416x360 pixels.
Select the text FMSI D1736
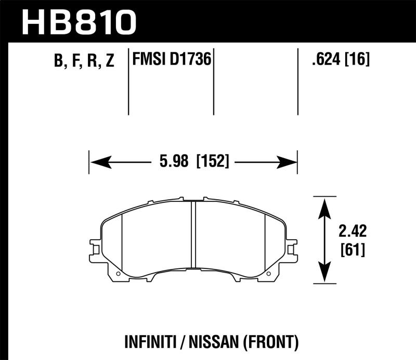point(172,60)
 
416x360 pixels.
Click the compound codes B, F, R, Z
point(84,61)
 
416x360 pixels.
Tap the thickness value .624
point(326,60)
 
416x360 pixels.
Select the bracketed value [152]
point(213,162)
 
